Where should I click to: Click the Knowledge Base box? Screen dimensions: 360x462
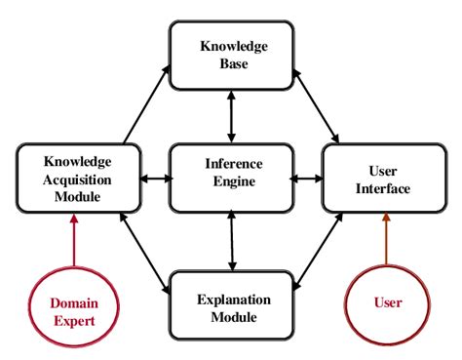click(231, 54)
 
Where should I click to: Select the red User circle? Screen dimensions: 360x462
click(388, 302)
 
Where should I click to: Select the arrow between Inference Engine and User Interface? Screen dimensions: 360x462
click(307, 179)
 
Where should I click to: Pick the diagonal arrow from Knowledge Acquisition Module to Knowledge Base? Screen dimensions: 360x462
click(146, 101)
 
